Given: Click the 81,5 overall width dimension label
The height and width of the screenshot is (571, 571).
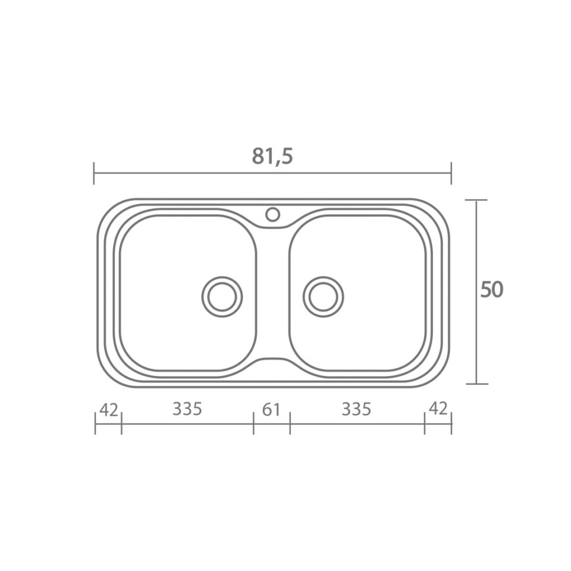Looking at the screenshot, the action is (x=272, y=156).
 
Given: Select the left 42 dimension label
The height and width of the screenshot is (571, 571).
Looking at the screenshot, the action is (x=108, y=410).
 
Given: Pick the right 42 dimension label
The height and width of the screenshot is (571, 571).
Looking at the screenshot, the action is (x=438, y=409).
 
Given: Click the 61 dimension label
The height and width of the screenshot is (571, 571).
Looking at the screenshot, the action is (x=271, y=410).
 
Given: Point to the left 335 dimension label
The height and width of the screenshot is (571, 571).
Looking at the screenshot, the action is (x=187, y=409).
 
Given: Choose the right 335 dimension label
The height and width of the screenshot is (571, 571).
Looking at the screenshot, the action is (x=356, y=409).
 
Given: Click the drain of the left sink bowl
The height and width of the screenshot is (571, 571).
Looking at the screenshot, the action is (x=222, y=296).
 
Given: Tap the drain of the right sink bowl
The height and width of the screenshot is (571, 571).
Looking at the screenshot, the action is (x=323, y=296).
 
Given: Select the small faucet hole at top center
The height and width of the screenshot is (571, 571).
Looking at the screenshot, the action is (x=272, y=214).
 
